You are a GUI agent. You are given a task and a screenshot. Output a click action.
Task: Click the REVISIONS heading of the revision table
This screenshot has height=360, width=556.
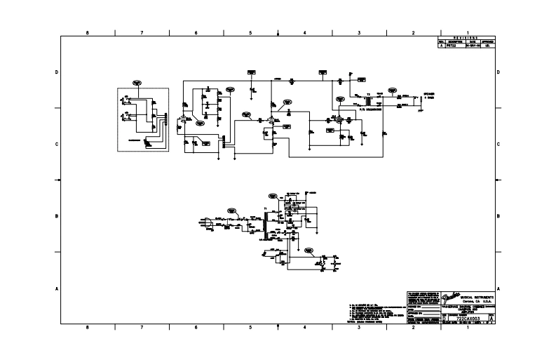point(466,38)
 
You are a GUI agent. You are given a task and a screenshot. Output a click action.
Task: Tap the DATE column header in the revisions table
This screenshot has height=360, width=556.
point(473,42)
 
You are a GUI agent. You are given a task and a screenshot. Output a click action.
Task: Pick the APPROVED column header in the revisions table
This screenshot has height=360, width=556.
point(489,42)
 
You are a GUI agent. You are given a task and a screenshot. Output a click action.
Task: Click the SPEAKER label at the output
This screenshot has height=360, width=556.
point(427,93)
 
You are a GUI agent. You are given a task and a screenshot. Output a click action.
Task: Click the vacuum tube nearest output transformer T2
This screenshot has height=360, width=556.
point(338,120)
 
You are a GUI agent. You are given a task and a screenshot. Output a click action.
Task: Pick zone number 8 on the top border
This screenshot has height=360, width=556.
point(87,33)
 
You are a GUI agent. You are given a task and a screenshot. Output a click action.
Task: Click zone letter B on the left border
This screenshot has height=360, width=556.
point(57,216)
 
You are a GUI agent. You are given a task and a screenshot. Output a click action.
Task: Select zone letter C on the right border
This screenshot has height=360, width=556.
point(498,145)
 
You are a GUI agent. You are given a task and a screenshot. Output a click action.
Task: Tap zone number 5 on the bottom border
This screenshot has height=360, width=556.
point(250,327)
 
